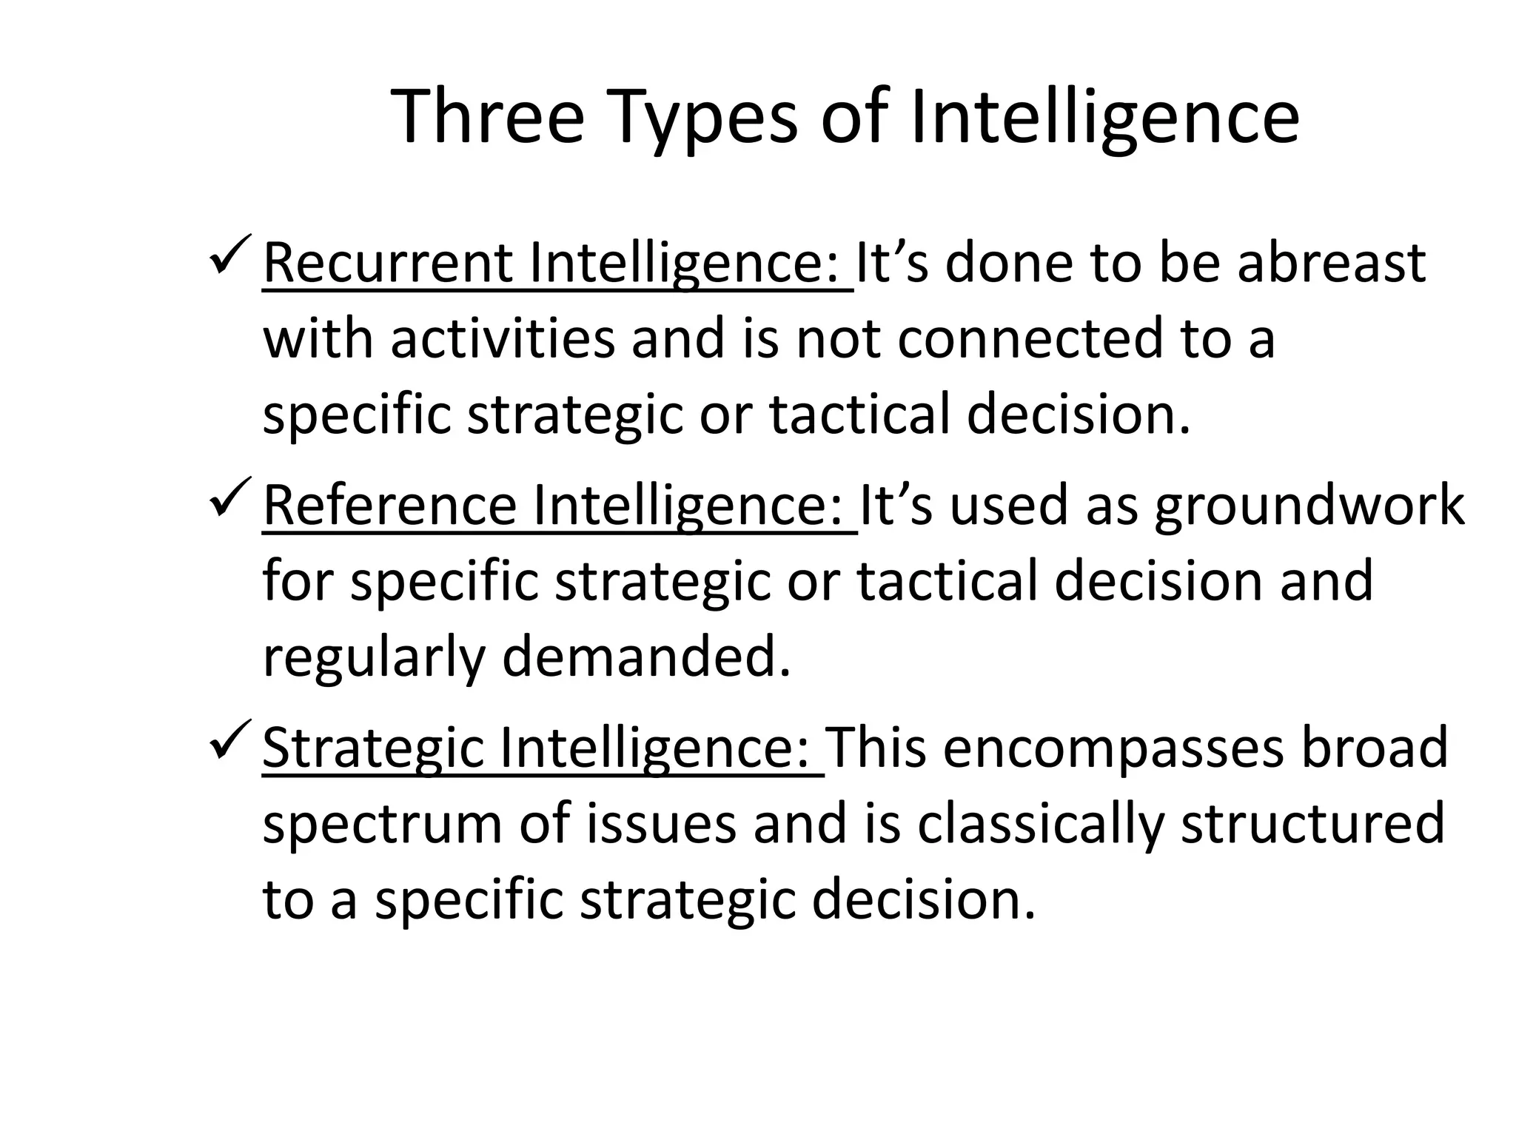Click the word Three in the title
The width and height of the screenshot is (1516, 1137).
coord(488,117)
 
